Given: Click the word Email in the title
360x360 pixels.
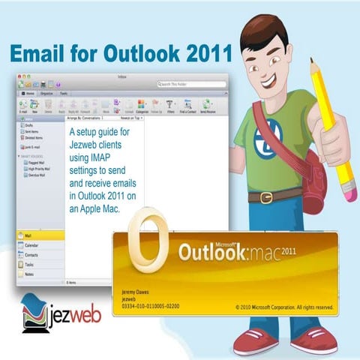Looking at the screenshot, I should [34, 55].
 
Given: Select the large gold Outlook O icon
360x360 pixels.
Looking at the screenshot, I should [148, 242].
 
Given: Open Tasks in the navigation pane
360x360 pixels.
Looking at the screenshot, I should [29, 265].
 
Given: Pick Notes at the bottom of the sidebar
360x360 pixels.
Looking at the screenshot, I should [29, 274].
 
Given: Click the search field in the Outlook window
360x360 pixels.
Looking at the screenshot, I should [192, 84].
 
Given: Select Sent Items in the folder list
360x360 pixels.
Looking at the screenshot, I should [34, 131].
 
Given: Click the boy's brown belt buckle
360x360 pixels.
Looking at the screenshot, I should [265, 198].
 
